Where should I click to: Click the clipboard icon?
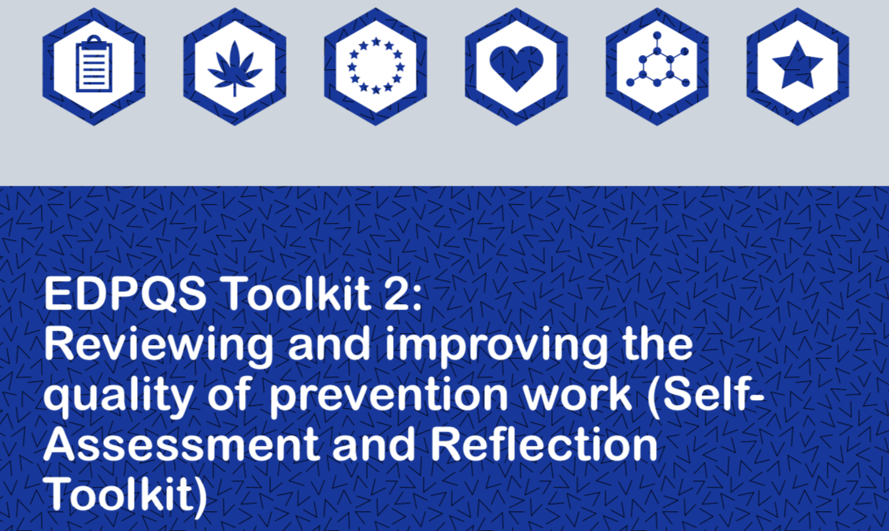click(94, 66)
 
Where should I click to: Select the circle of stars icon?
click(376, 66)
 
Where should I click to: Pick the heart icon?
click(517, 67)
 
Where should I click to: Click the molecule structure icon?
click(657, 67)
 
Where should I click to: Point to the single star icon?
click(798, 67)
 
